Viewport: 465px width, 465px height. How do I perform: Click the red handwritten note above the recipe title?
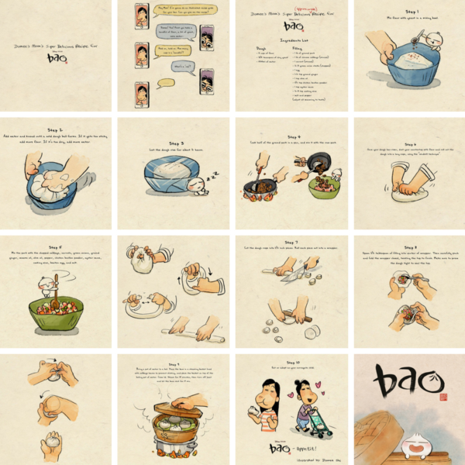tap(290, 7)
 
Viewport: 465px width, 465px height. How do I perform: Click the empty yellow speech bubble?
tap(170, 83)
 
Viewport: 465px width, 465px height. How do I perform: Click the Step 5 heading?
tap(57, 246)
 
